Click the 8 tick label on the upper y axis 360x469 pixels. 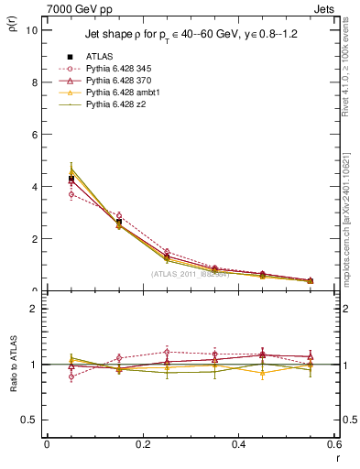[34, 82]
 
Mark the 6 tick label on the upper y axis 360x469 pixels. [34, 134]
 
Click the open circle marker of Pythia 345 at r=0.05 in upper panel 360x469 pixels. [71, 194]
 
